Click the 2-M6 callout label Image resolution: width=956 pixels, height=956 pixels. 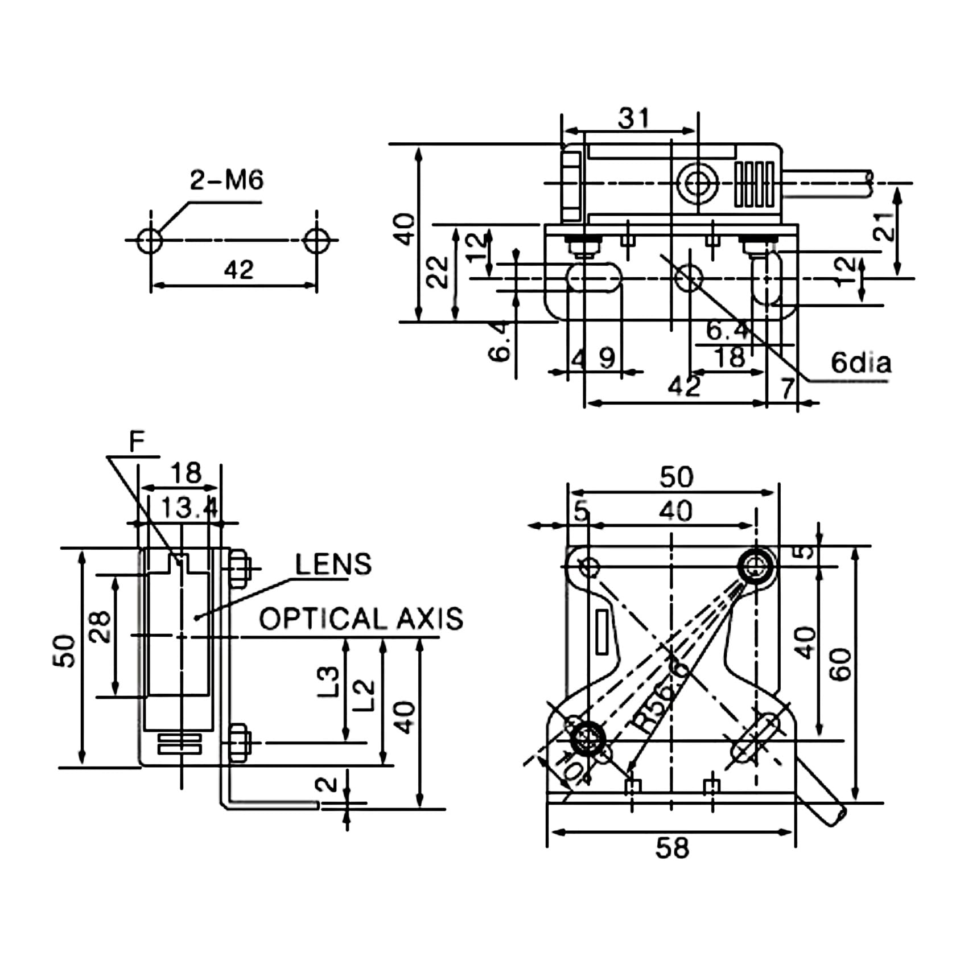226,180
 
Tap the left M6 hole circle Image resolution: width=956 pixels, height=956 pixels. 150,240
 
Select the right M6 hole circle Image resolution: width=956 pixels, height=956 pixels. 316,240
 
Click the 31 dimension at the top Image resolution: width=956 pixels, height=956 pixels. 633,118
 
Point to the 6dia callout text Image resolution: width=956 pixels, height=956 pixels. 861,362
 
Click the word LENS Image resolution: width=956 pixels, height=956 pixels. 333,564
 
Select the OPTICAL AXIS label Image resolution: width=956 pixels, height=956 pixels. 361,619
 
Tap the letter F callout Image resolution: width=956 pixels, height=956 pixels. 137,441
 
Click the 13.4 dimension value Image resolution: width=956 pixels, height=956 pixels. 188,508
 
